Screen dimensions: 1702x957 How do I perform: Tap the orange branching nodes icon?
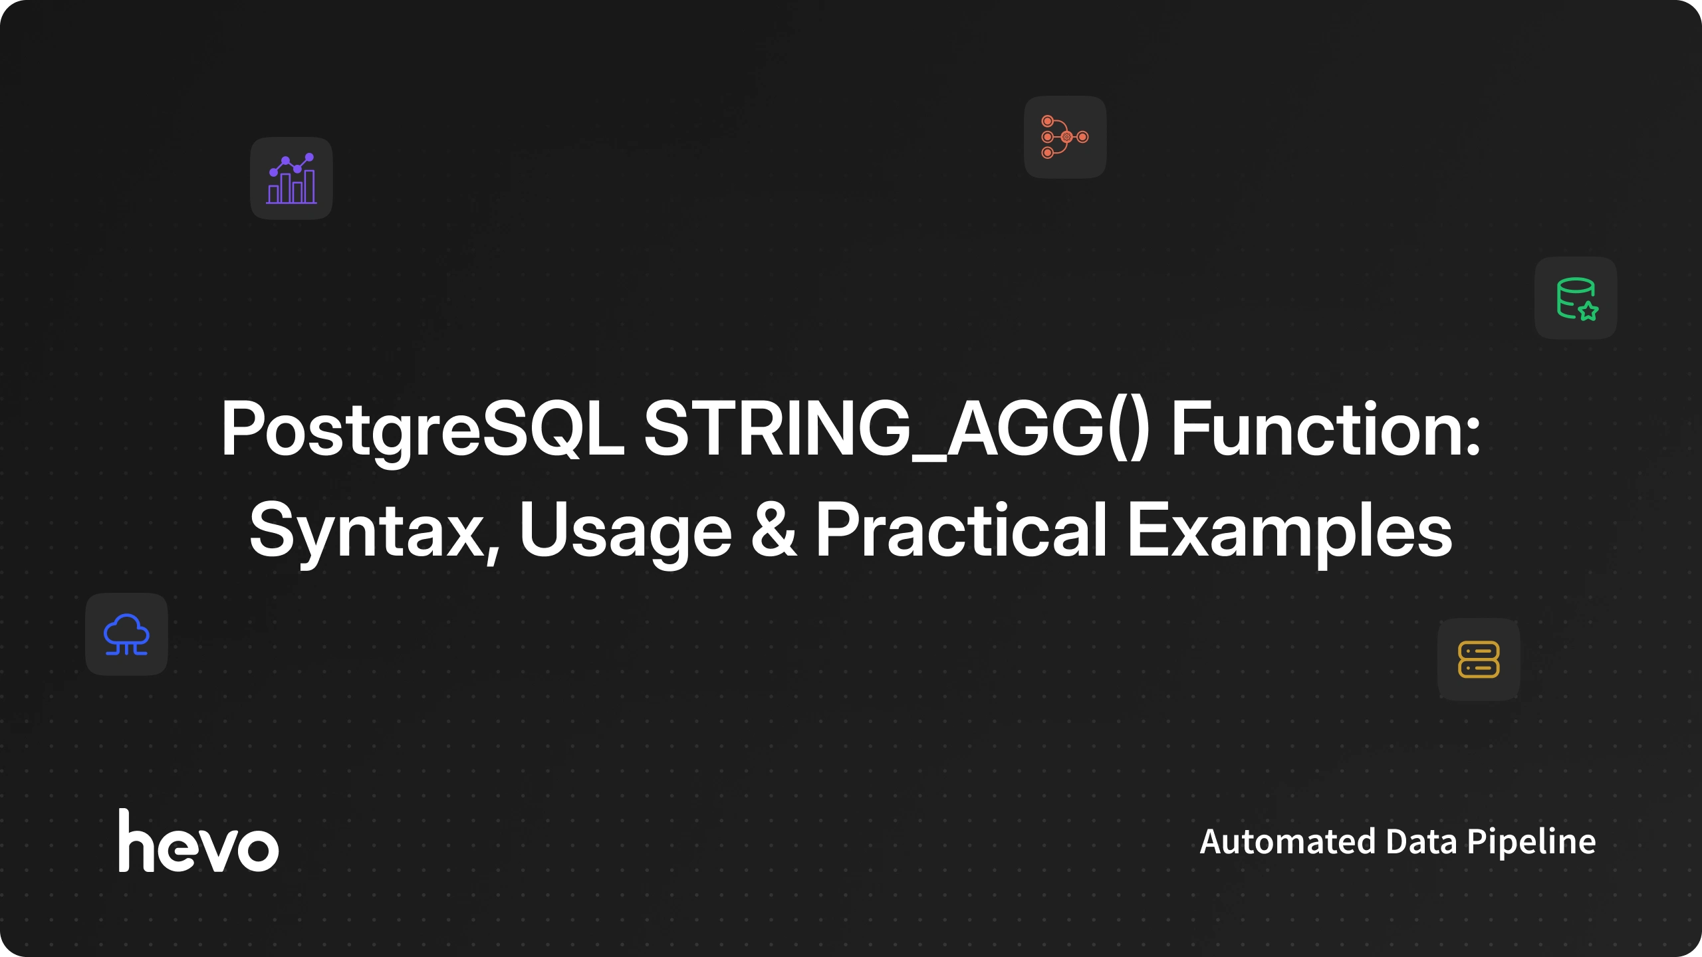point(1065,137)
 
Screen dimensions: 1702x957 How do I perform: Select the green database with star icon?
point(1577,299)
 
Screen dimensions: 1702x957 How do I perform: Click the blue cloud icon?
point(126,635)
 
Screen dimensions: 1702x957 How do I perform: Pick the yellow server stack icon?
point(1479,659)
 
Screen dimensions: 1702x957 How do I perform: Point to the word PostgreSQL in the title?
point(423,431)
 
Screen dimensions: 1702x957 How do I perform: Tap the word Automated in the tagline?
point(1288,841)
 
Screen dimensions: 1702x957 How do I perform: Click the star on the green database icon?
point(1588,310)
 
